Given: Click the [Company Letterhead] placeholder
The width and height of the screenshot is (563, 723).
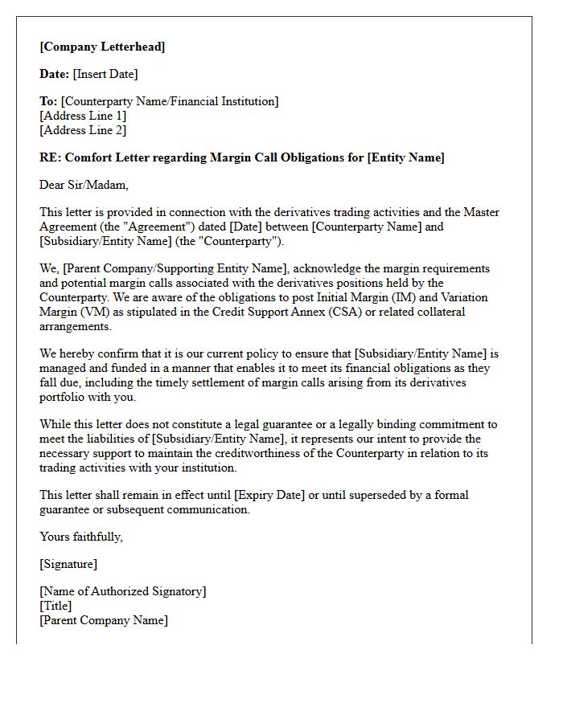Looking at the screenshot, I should pos(102,47).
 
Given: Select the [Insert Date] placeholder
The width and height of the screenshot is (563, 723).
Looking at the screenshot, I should pos(105,74).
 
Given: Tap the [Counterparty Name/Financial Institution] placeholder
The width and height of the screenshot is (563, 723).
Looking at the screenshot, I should pos(170,101).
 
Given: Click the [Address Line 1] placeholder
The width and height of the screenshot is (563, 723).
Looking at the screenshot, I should pos(83,116).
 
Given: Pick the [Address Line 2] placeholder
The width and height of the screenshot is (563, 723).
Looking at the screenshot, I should pos(83,130).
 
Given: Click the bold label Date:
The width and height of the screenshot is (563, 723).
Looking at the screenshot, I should pos(54,74).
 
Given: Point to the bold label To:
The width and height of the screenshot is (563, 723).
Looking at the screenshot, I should pos(48,101).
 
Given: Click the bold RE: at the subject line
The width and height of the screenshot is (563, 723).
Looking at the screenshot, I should pos(50,157).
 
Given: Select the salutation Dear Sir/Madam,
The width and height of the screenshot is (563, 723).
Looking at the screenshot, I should pos(84,185).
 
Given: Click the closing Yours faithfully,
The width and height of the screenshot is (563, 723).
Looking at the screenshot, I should pos(81,537).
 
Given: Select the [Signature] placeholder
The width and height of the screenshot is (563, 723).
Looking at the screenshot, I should pos(68,564).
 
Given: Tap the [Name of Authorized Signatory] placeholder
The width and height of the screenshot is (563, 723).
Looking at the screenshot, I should pos(123,591).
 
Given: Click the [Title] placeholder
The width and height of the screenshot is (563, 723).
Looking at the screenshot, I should pos(55,606).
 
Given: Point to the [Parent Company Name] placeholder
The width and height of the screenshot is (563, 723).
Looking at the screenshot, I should pos(104,620).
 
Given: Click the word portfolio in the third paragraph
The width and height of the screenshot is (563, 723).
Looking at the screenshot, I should pos(63,397).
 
